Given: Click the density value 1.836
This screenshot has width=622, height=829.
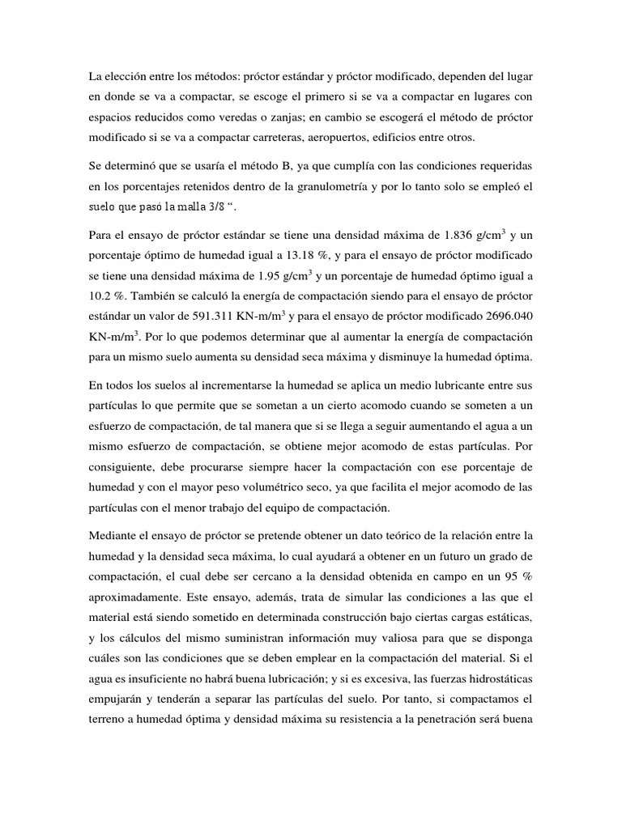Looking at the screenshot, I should (461, 236).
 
